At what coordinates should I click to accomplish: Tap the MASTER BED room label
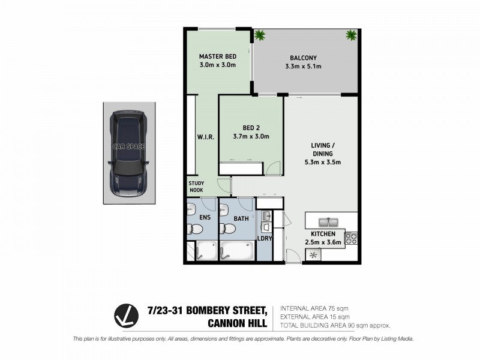pyautogui.click(x=217, y=58)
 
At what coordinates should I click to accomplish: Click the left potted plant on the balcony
pyautogui.click(x=260, y=35)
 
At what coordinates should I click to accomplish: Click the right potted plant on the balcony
pyautogui.click(x=351, y=35)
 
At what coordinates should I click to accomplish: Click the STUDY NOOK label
pyautogui.click(x=197, y=187)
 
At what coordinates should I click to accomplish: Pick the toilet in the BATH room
pyautogui.click(x=227, y=228)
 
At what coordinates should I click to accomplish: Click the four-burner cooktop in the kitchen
pyautogui.click(x=352, y=238)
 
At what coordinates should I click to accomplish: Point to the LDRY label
pyautogui.click(x=265, y=238)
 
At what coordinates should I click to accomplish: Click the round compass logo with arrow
pyautogui.click(x=127, y=316)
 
